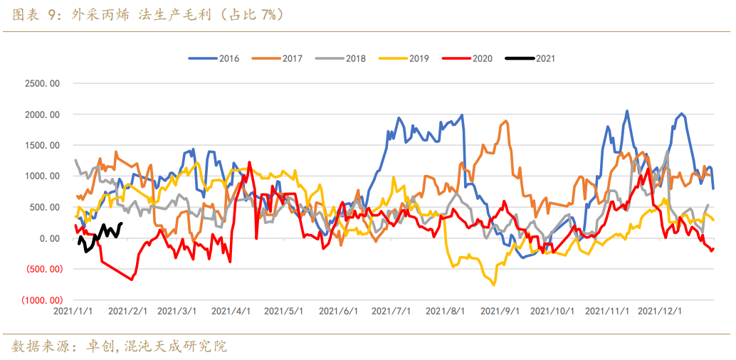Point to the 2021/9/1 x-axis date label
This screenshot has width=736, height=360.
tap(499, 312)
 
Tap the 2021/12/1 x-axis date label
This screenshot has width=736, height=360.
tap(660, 312)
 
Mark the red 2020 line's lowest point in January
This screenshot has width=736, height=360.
tap(132, 280)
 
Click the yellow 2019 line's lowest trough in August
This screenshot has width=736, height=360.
tap(493, 285)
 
